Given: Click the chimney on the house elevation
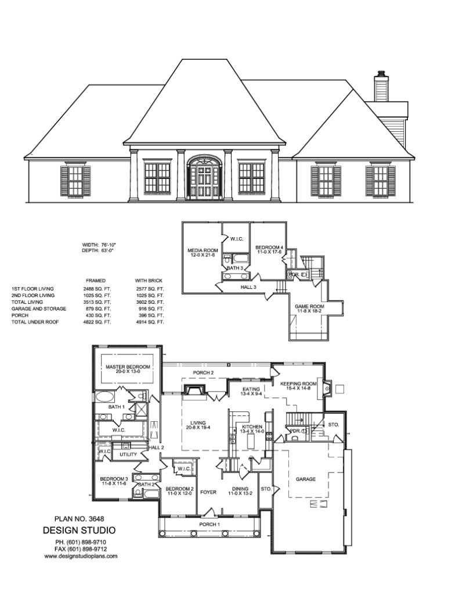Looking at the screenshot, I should tap(381, 87).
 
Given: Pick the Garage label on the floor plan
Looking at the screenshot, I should tap(306, 479).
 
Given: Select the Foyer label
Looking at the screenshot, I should tap(208, 492).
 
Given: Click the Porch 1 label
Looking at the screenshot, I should tap(210, 525).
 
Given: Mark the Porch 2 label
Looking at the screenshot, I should tap(203, 372).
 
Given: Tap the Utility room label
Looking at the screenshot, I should tap(128, 454).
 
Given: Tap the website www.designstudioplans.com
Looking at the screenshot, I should tap(81, 556).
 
